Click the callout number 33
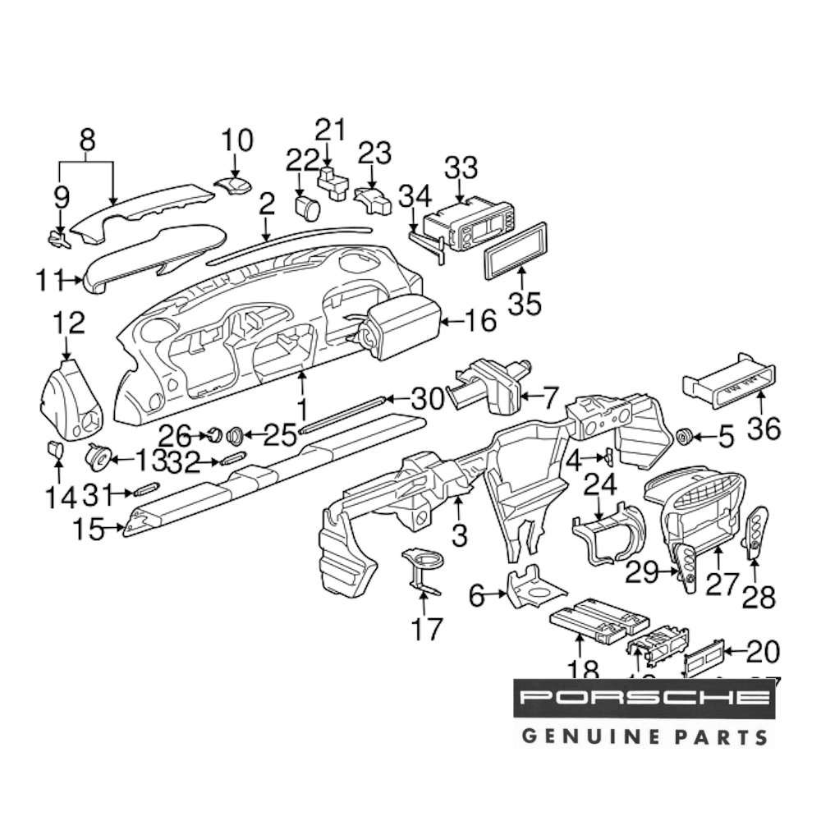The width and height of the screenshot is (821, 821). [461, 169]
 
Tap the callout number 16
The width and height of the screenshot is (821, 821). [479, 321]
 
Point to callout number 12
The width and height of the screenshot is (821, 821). [68, 323]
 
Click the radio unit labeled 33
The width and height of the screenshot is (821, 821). [469, 226]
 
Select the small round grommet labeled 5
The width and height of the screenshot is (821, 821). [683, 436]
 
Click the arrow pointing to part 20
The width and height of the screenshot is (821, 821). [732, 653]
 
